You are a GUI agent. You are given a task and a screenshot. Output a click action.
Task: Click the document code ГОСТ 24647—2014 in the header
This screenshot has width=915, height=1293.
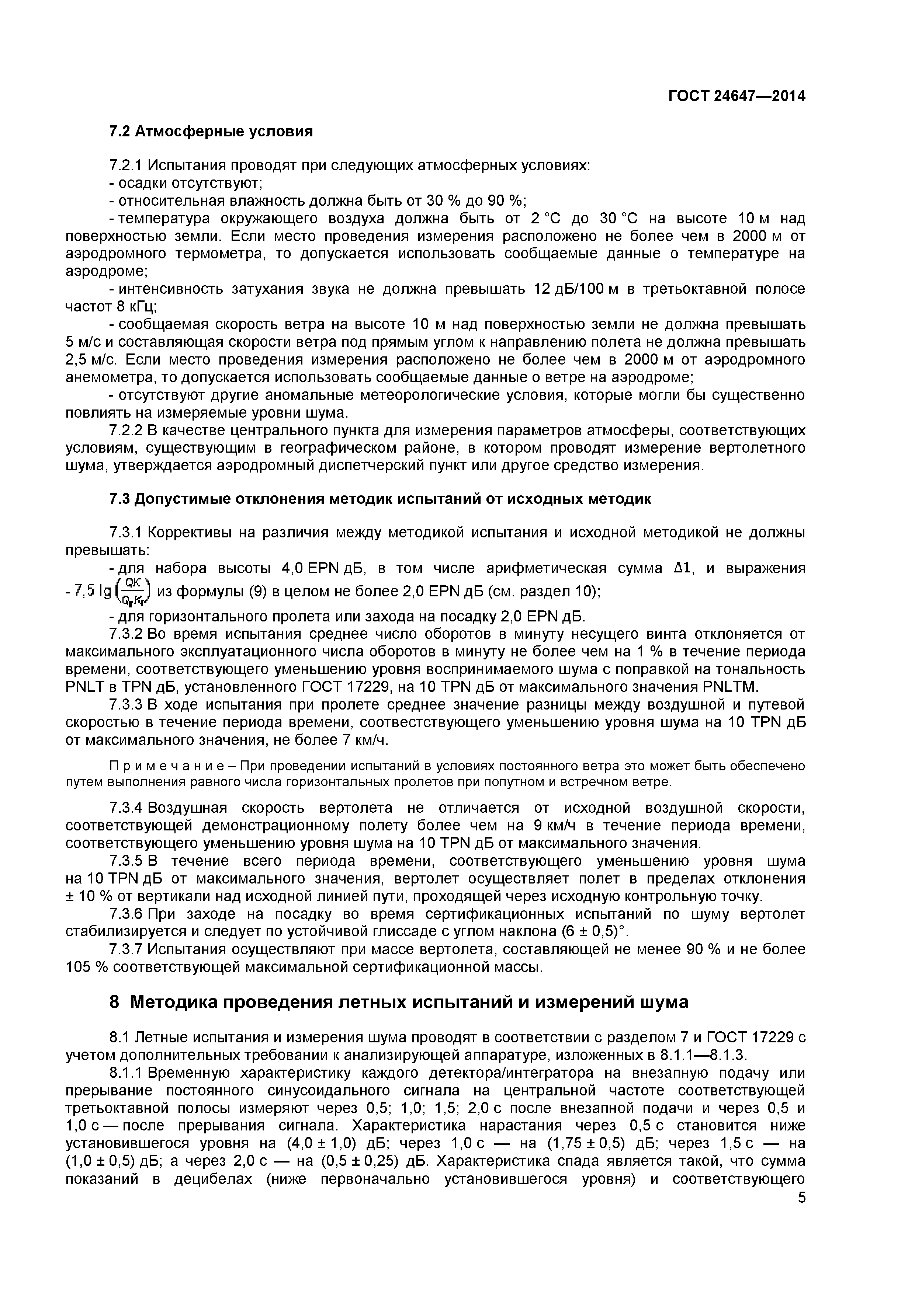(x=736, y=96)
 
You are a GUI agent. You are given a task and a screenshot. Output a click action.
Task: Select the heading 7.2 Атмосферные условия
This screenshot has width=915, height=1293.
(x=211, y=132)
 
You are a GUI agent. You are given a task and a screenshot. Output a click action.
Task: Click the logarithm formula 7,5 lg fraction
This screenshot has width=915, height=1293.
(x=109, y=590)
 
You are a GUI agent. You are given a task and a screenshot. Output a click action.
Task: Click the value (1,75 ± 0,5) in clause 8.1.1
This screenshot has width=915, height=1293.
(x=590, y=1144)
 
